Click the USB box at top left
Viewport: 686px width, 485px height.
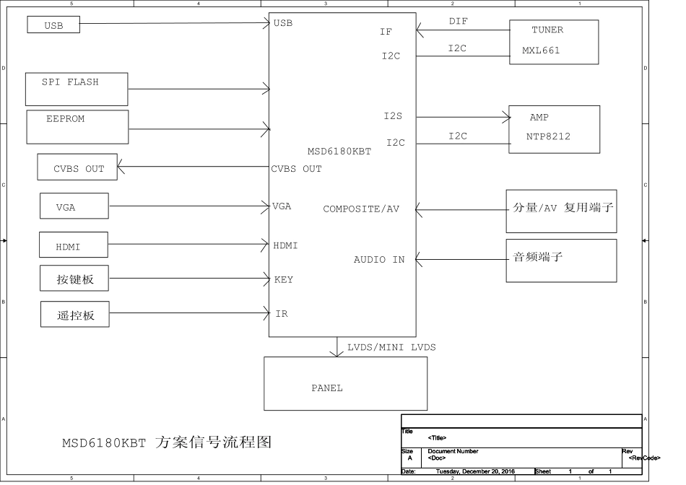point(53,25)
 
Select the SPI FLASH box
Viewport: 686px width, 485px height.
point(77,89)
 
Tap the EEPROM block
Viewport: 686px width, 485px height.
point(77,126)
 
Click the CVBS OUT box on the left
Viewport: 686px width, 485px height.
point(77,167)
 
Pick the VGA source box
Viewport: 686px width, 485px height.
point(74,206)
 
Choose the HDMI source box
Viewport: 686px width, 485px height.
point(73,245)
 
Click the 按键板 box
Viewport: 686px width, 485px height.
point(75,279)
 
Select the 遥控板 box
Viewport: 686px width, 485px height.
point(75,314)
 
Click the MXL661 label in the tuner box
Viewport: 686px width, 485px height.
point(541,51)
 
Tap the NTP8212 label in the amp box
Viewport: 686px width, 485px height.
point(548,136)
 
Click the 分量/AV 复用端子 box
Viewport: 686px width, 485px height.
point(561,211)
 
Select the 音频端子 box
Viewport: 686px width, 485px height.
point(561,261)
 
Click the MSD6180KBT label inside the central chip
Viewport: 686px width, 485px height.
point(339,151)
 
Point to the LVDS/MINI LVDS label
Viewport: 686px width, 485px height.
point(391,347)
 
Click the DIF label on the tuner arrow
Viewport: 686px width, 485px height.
point(458,22)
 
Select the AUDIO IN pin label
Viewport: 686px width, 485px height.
point(379,259)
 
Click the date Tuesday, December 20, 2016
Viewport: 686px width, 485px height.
point(475,471)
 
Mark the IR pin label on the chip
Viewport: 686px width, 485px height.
point(282,314)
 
